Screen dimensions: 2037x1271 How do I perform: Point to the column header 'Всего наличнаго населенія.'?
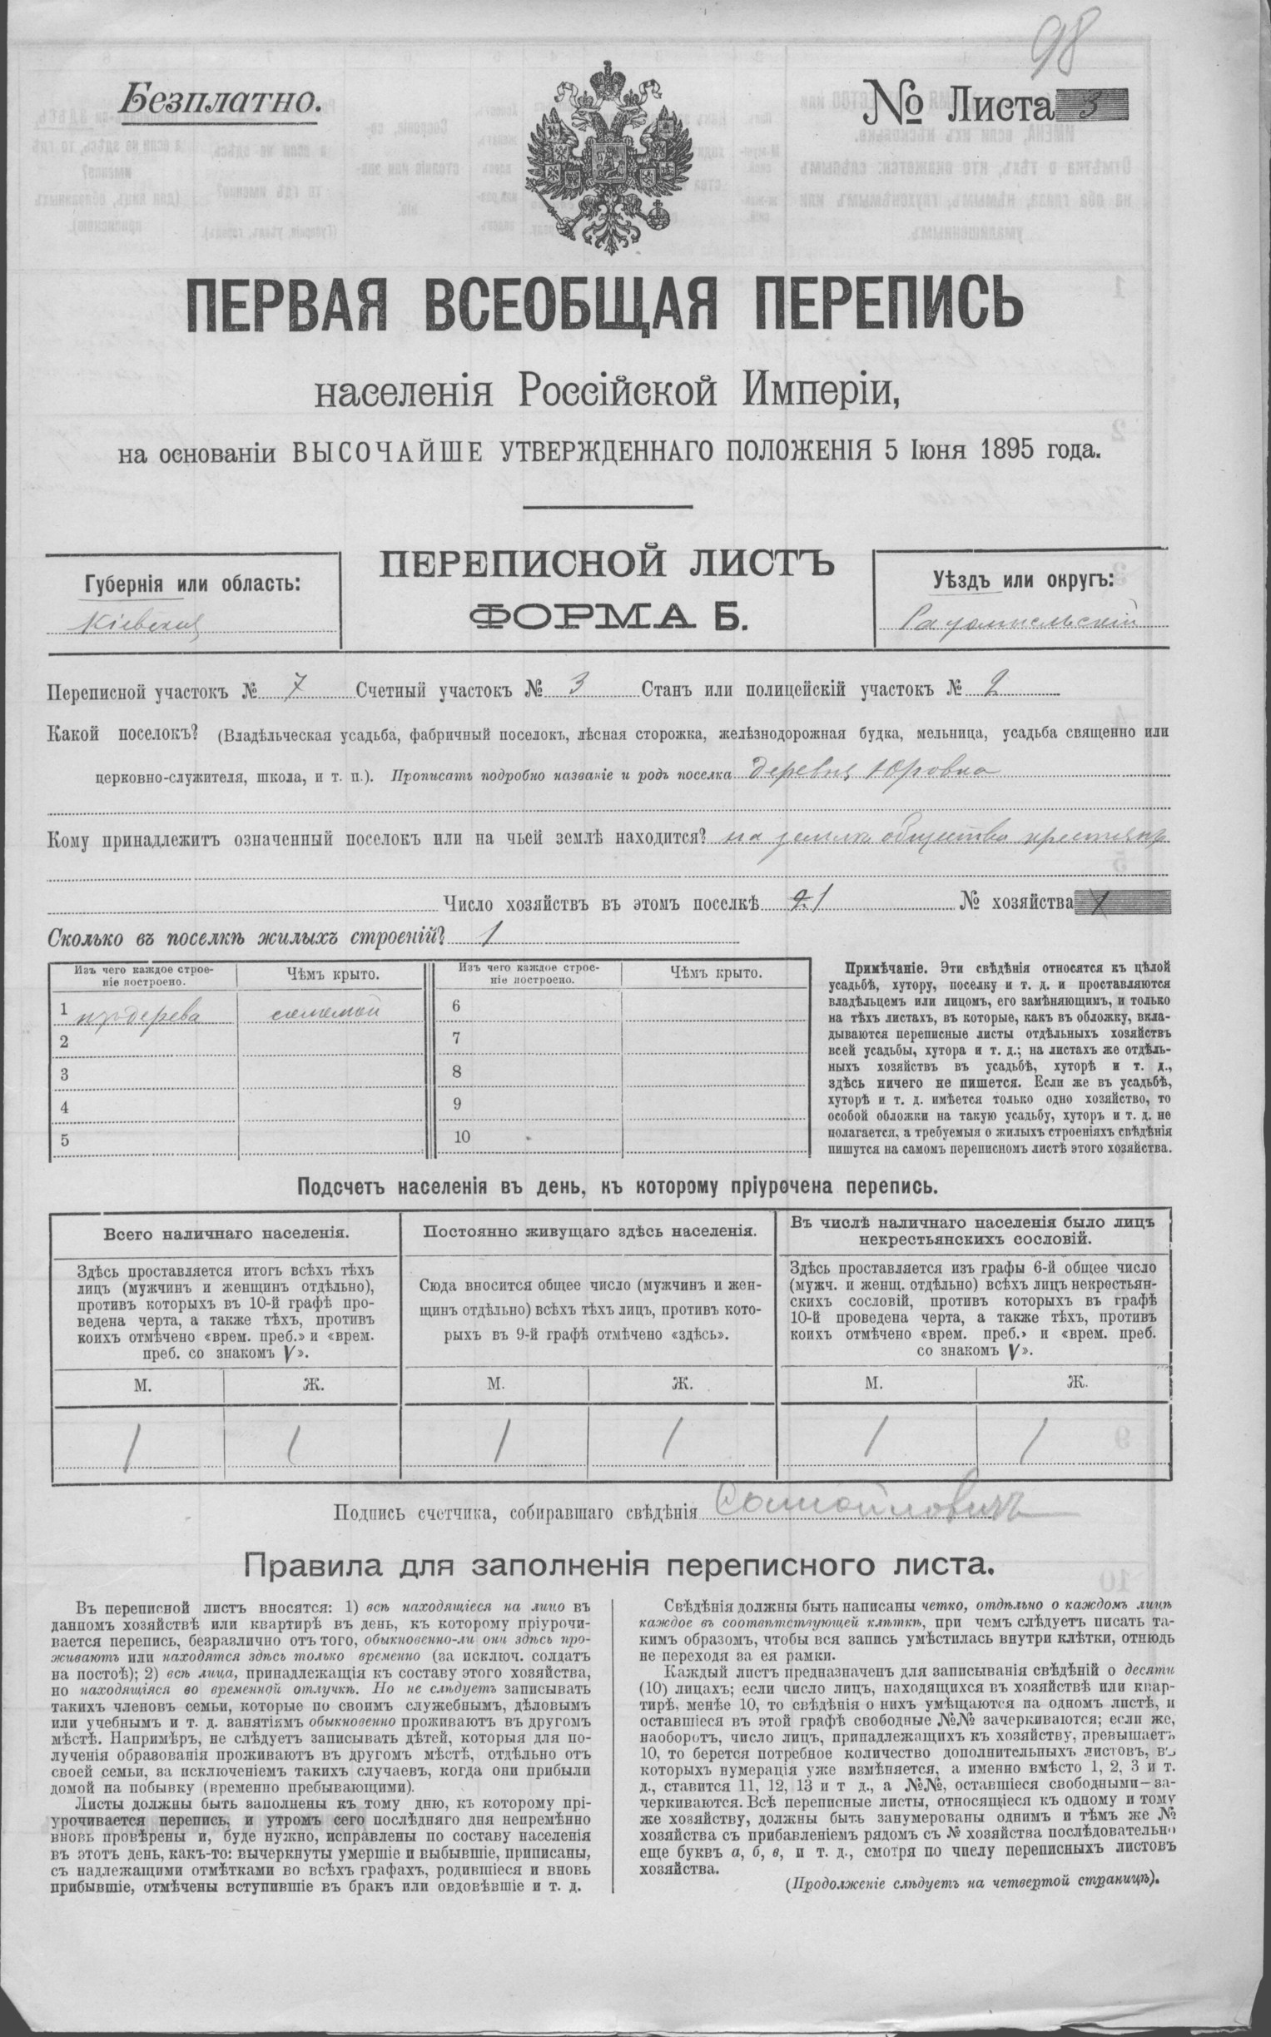pos(226,1235)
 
